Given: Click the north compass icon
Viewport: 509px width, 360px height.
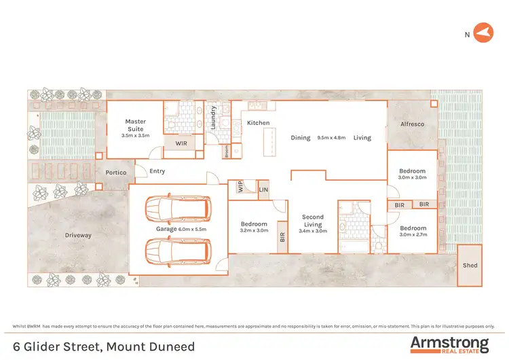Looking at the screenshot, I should coord(483,32).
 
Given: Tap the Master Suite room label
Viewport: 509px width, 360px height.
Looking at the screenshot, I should coord(136,122).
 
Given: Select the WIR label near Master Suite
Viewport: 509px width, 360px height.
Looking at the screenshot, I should coord(181,143).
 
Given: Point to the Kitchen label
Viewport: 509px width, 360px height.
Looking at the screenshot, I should coord(258,123).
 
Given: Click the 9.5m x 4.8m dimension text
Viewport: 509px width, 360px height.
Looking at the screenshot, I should coord(332,138).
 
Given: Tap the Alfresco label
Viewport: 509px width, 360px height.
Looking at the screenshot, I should coord(412,124).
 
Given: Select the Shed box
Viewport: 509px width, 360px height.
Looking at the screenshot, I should coord(470,266).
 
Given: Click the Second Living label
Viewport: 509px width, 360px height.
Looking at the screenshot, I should coord(313,220).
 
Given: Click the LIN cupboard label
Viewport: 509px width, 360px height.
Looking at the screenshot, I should coord(263,190).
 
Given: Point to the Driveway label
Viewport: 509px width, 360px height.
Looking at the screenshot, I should coord(78,236).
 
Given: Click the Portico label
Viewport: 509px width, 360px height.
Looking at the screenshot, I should coord(116,173).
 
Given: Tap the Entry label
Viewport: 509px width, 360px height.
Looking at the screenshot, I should coord(157,171).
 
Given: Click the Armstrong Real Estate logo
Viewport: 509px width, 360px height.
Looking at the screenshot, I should coord(449,344).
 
